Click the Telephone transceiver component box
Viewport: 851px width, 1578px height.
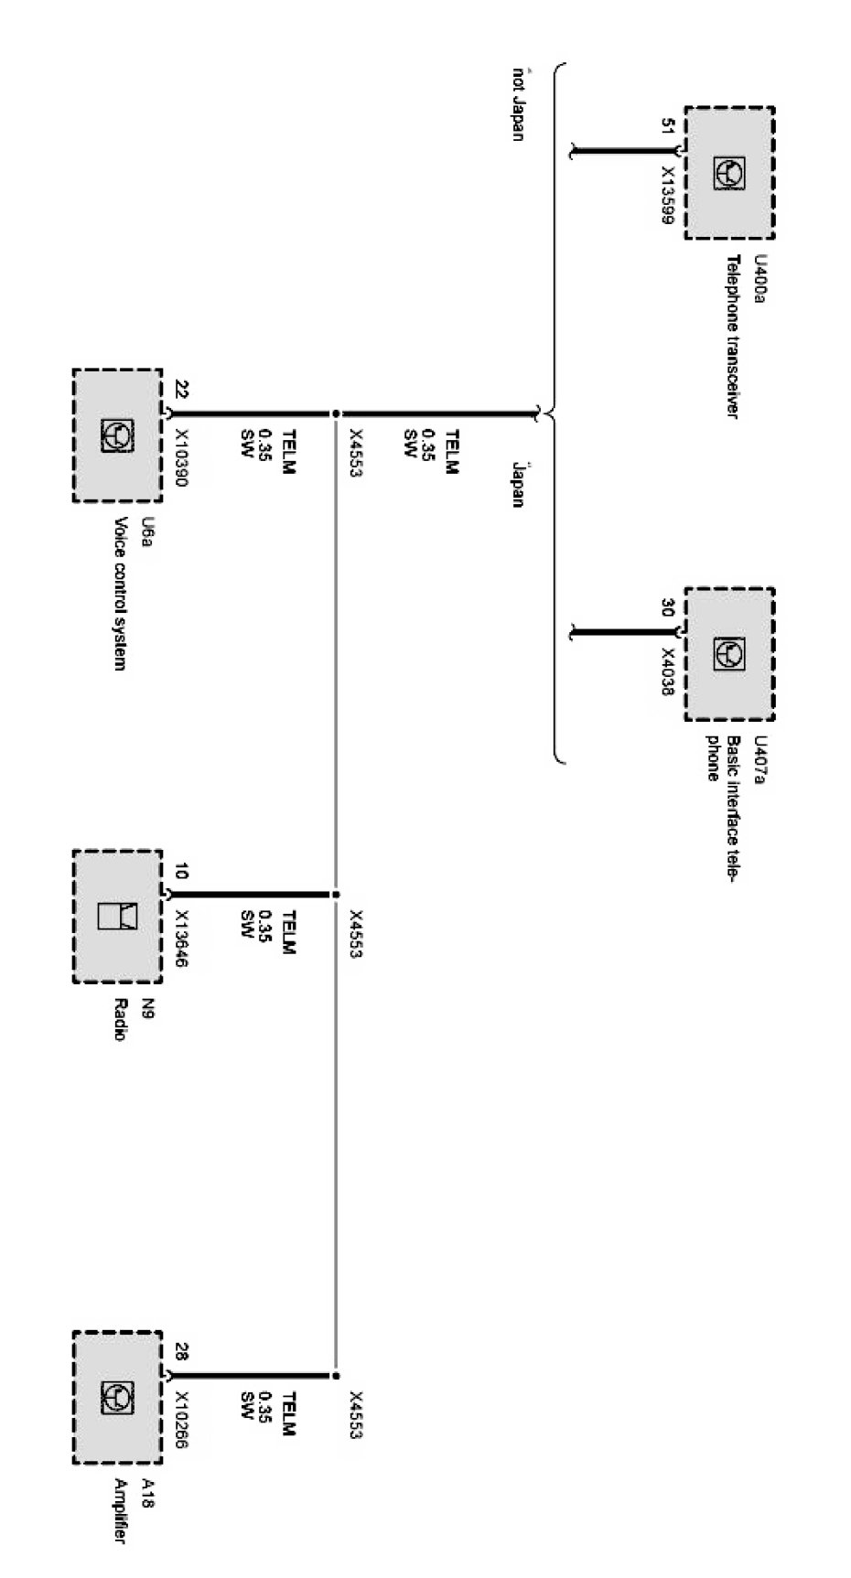(729, 173)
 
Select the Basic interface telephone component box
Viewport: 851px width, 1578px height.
(729, 654)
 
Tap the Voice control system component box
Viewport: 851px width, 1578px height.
(117, 435)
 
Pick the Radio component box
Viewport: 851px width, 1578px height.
(117, 917)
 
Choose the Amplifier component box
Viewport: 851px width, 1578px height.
(117, 1398)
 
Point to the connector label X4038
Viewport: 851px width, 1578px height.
(668, 674)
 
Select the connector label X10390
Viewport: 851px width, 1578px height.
(181, 457)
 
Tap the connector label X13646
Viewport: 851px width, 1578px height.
(181, 939)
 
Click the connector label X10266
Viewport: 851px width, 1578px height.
(181, 1420)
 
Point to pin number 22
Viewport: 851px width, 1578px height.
(180, 388)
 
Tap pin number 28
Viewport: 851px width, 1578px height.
(180, 1351)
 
